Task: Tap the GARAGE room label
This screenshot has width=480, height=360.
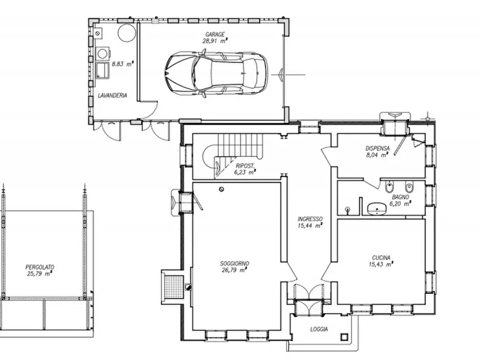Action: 214,34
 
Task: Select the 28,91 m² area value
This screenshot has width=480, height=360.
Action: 214,40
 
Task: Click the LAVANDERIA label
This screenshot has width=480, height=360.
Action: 112,96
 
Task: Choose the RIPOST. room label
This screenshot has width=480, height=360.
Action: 244,166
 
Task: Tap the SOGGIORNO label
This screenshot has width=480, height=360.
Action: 234,263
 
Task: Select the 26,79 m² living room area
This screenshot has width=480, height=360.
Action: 234,270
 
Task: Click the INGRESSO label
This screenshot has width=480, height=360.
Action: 310,219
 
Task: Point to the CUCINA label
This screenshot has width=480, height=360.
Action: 380,257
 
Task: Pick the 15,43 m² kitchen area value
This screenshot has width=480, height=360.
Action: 380,264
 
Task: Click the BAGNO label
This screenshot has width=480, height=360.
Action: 399,197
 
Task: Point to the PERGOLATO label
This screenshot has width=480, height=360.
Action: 40,267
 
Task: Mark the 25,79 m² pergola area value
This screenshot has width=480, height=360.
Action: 40,273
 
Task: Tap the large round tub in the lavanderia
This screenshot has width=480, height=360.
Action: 126,32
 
